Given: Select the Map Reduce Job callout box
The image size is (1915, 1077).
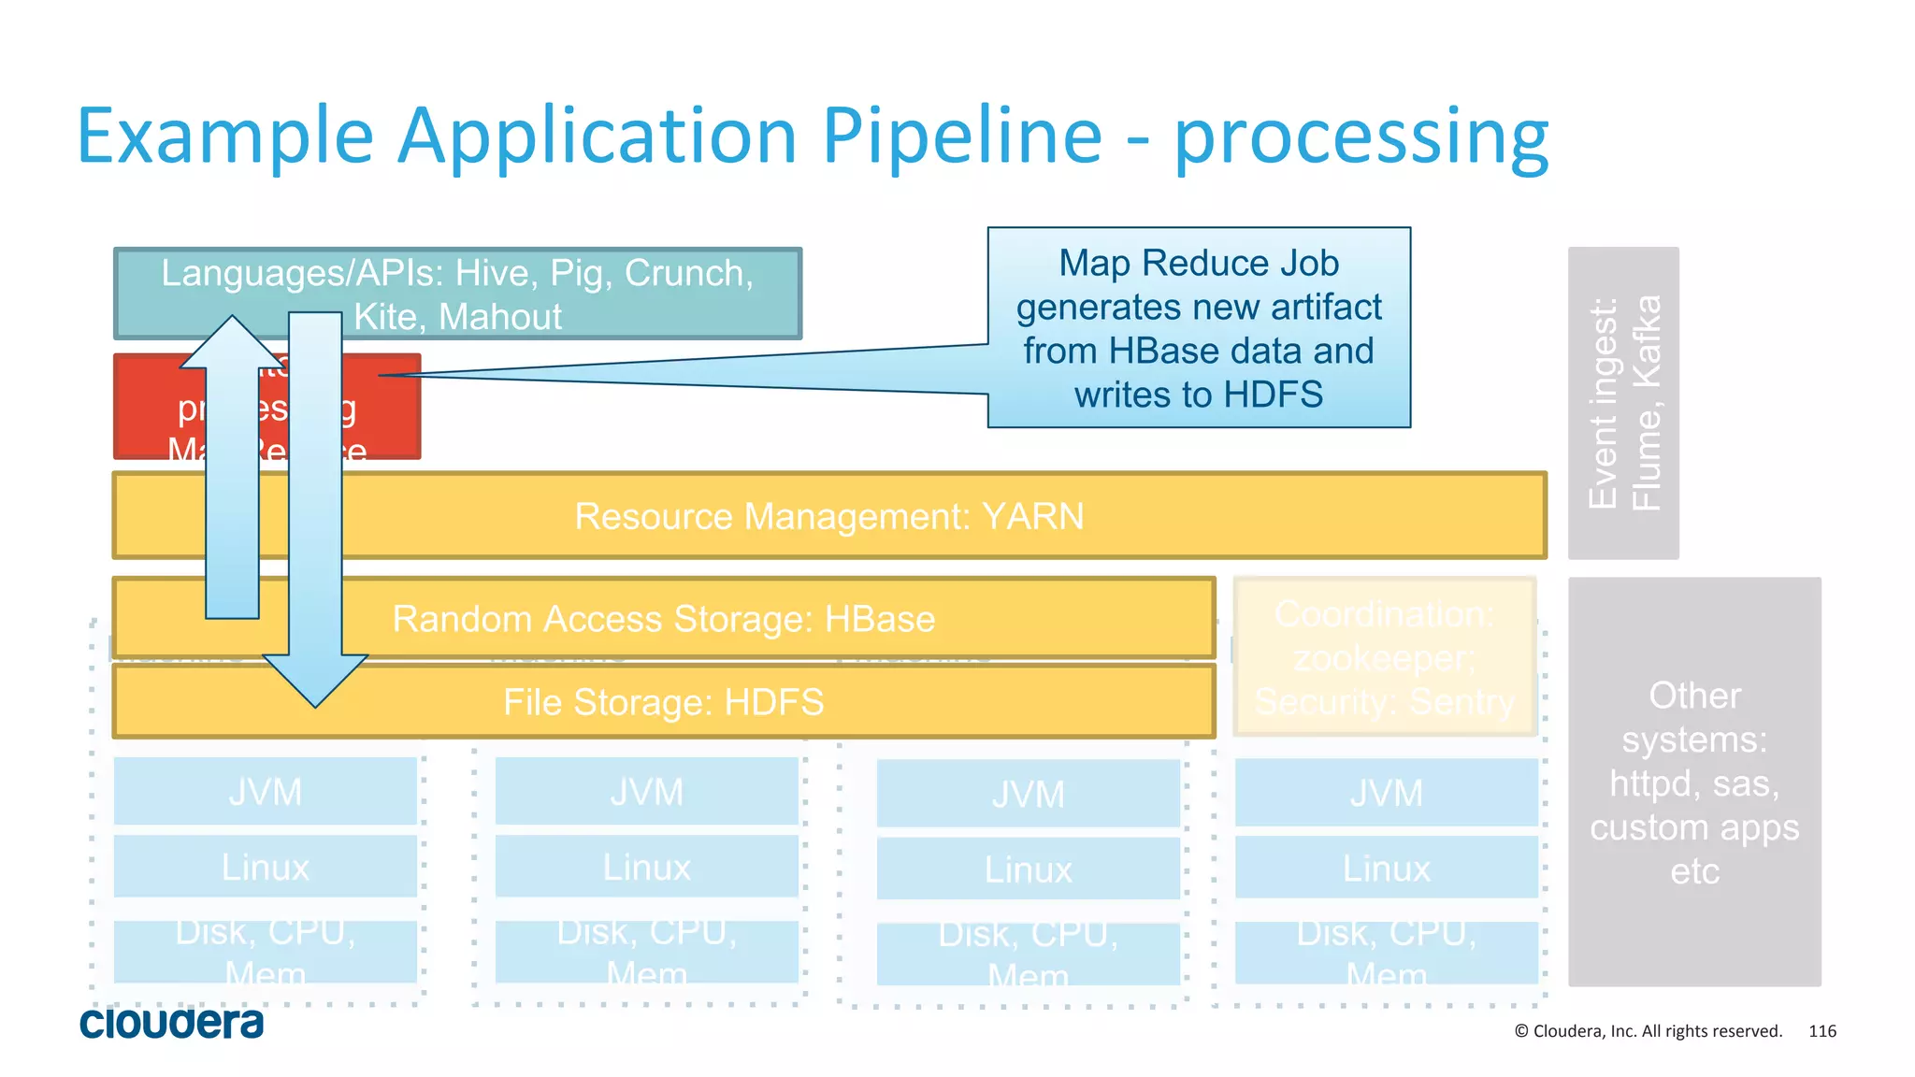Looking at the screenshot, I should pyautogui.click(x=1199, y=327).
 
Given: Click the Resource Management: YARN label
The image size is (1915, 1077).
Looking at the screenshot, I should pyautogui.click(x=828, y=516).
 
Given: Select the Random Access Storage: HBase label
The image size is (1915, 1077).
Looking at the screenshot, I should pyautogui.click(x=663, y=619).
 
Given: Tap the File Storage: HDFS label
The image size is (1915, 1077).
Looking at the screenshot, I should pyautogui.click(x=663, y=702).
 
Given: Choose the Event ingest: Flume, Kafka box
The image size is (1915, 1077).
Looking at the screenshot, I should pyautogui.click(x=1623, y=403).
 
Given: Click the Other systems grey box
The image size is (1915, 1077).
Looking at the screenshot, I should pyautogui.click(x=1693, y=782).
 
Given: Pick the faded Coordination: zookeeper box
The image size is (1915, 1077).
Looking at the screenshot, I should pyautogui.click(x=1385, y=657).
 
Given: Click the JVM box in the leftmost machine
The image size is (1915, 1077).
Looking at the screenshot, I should pyautogui.click(x=266, y=792).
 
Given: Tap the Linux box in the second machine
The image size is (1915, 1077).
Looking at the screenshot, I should pyautogui.click(x=646, y=867).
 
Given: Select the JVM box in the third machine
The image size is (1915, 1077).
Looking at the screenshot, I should pyautogui.click(x=1028, y=794).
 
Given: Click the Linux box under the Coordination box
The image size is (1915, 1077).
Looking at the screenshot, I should pyautogui.click(x=1386, y=868).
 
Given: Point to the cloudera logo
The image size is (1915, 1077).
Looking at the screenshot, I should pyautogui.click(x=172, y=1024).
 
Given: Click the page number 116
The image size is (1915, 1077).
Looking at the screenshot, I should pyautogui.click(x=1821, y=1031).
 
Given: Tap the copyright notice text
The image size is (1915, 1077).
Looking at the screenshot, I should pyautogui.click(x=1648, y=1031).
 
